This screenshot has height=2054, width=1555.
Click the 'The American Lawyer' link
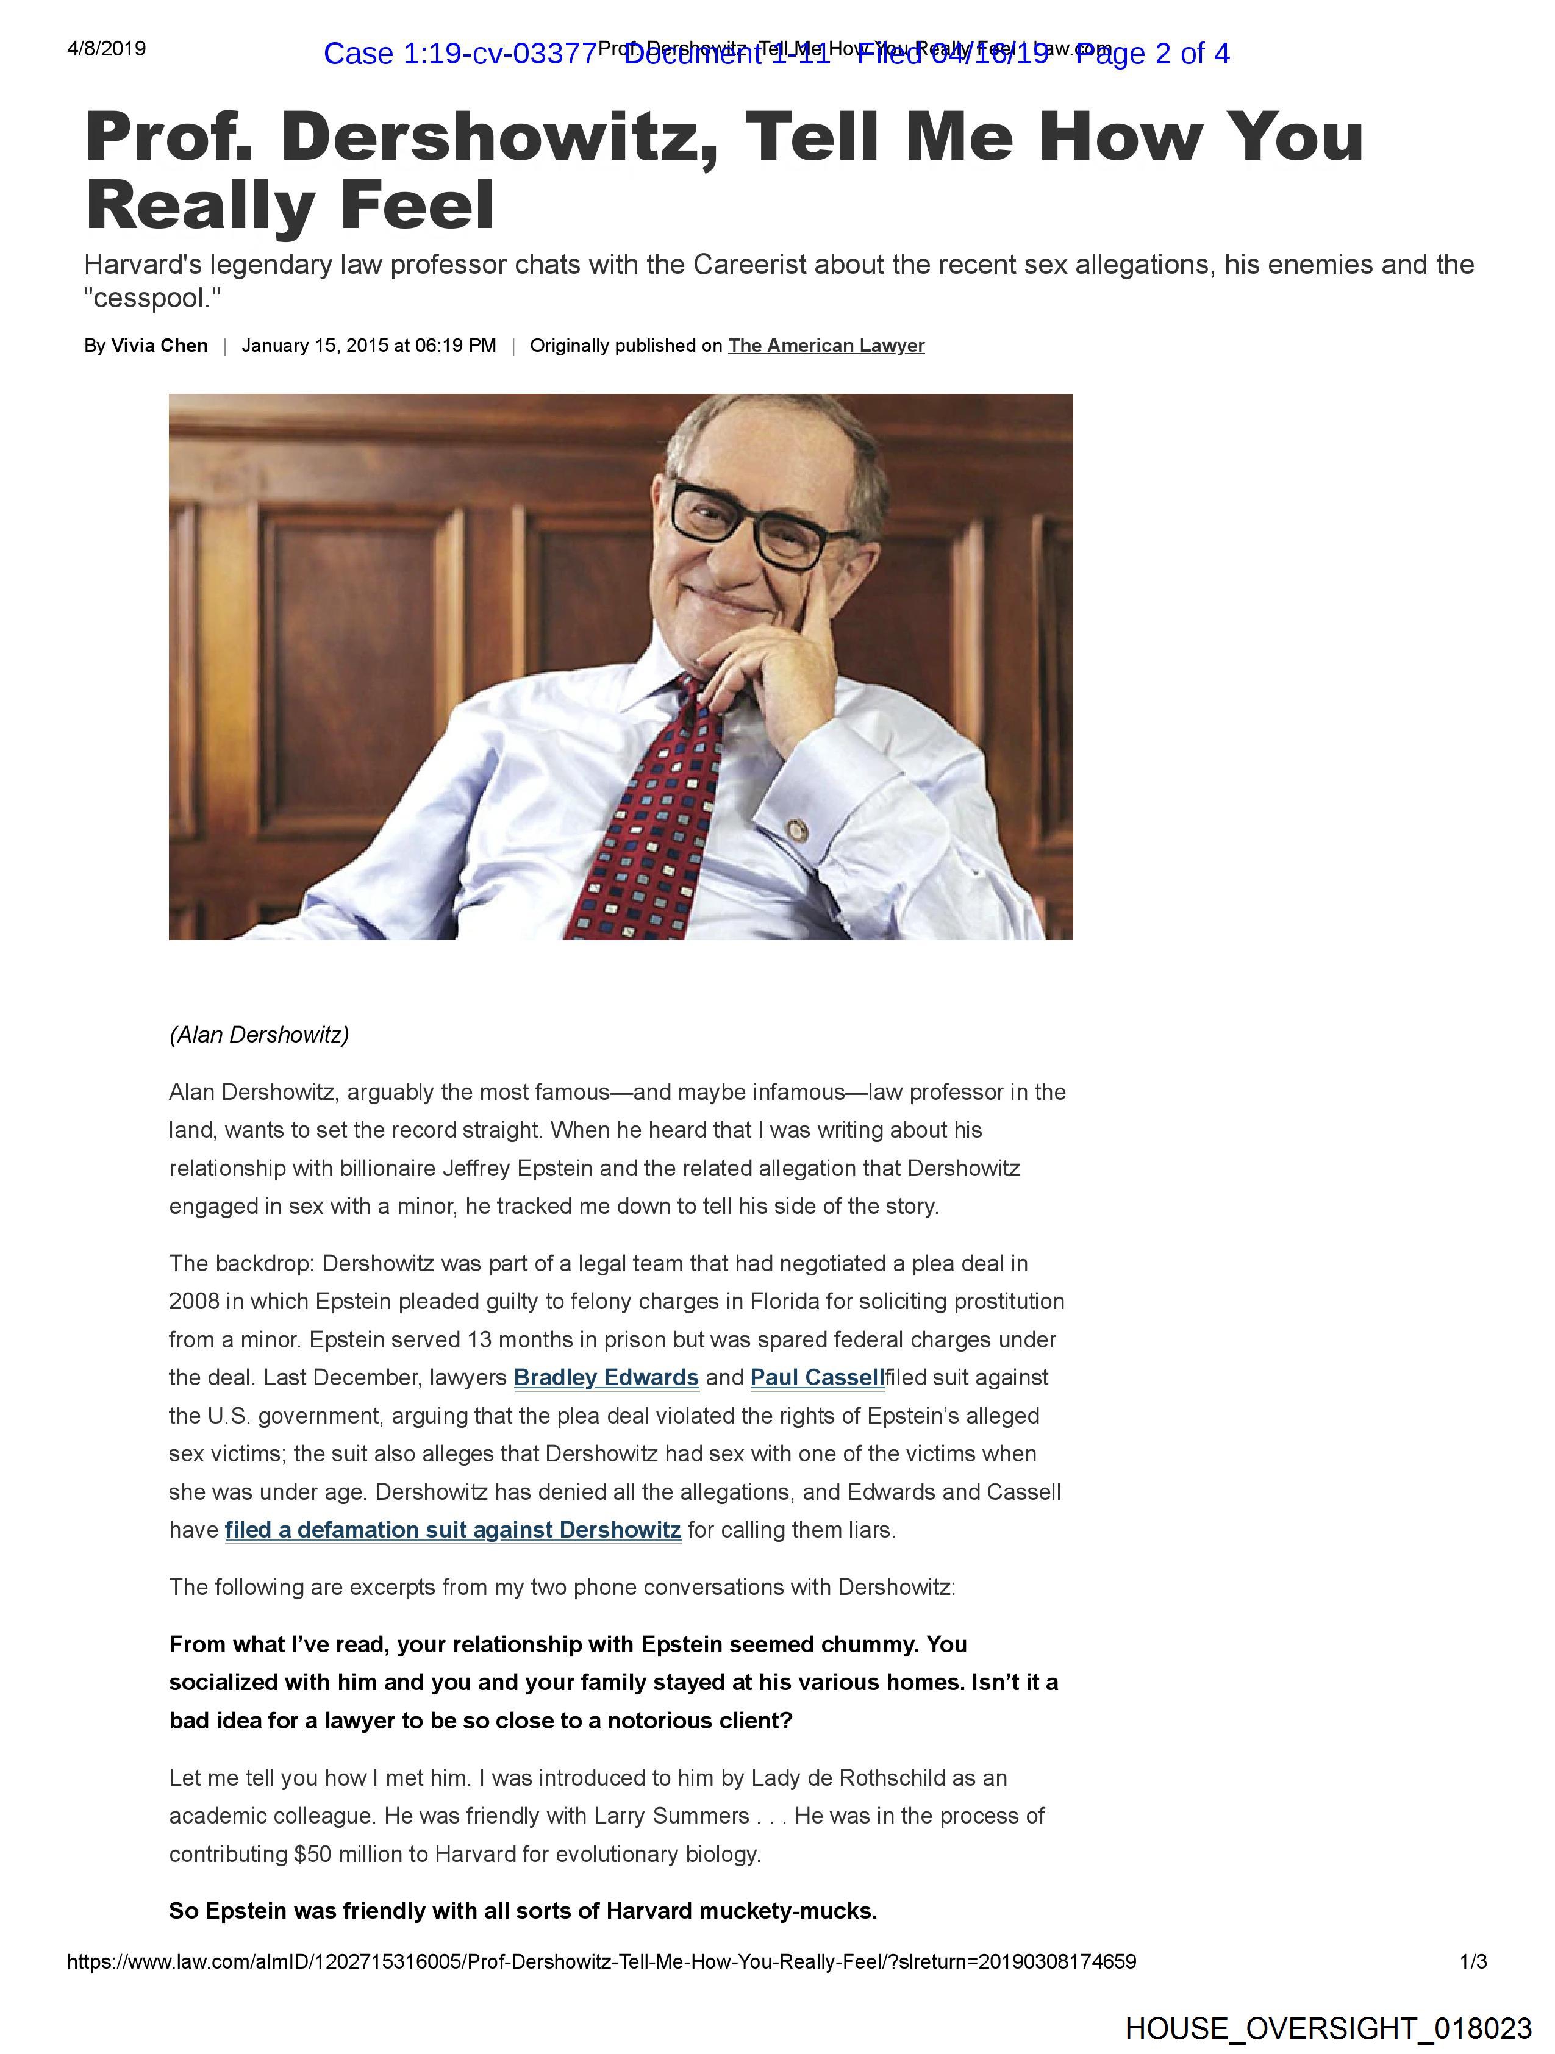tap(826, 346)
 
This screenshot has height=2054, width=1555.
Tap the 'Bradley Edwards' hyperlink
tap(606, 1377)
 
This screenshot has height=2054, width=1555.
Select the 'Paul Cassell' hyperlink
tap(817, 1377)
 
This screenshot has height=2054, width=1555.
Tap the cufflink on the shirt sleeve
tap(796, 827)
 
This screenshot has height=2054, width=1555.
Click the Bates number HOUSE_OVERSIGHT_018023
tap(1328, 2028)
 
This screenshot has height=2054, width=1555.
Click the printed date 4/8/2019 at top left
tap(106, 48)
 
